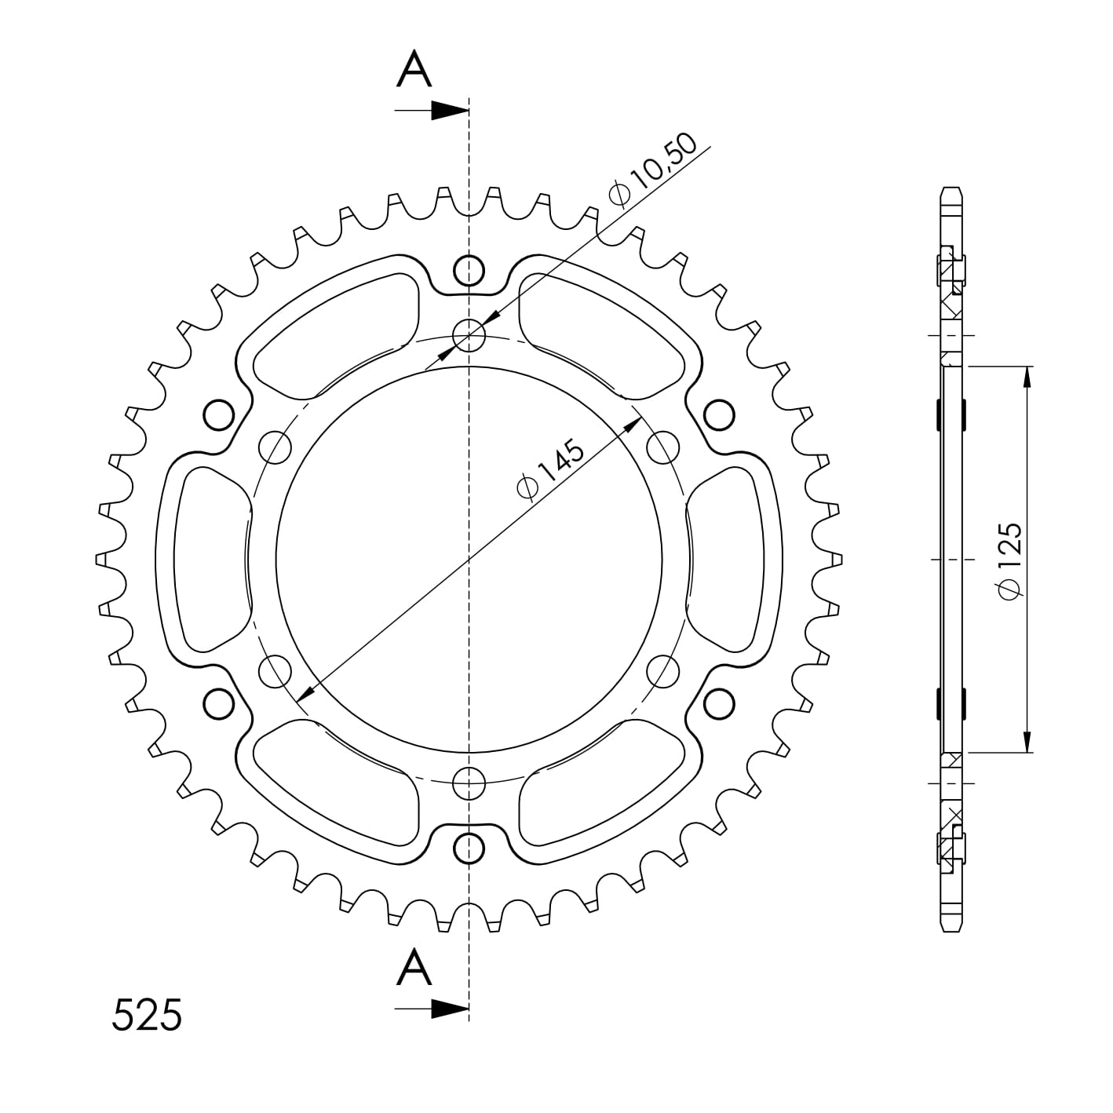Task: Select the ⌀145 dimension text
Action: [x=552, y=469]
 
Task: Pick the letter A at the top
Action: [x=414, y=69]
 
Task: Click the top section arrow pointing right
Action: [x=432, y=111]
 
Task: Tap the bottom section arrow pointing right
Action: [x=432, y=1009]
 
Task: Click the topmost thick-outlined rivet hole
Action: [x=469, y=270]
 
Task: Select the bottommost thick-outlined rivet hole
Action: [x=469, y=848]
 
